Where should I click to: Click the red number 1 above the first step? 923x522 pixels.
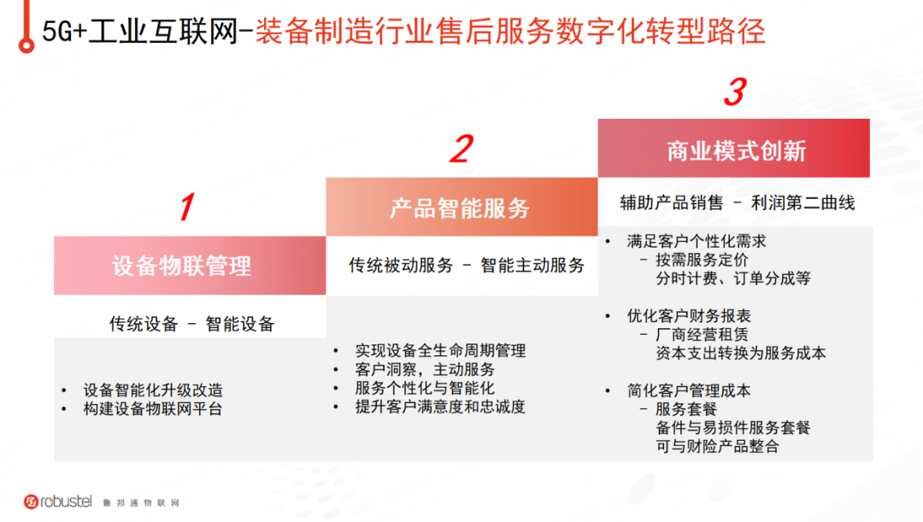(x=187, y=207)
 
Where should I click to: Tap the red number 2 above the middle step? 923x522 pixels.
(x=461, y=149)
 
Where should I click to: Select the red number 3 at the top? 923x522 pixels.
(x=735, y=91)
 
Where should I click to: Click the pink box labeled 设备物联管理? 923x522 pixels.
(x=190, y=266)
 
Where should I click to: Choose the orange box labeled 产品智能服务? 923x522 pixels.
(x=461, y=207)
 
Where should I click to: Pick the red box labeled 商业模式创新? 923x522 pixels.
(x=733, y=149)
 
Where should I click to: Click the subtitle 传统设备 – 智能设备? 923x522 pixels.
(x=192, y=324)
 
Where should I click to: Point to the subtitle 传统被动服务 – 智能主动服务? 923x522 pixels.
(x=467, y=266)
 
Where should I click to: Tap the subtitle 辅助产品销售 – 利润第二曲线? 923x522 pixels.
(x=738, y=203)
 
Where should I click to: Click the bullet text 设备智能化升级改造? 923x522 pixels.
(x=153, y=390)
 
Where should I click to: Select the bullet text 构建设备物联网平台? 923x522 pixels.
(x=153, y=409)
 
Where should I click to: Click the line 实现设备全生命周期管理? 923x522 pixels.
(x=440, y=351)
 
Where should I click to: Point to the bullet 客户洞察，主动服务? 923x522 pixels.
(x=425, y=370)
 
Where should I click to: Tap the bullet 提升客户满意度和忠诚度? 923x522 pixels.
(x=440, y=407)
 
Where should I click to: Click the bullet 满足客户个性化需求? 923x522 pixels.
(x=697, y=241)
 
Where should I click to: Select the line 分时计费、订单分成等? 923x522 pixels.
(x=733, y=279)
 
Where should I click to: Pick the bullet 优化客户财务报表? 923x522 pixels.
(x=689, y=316)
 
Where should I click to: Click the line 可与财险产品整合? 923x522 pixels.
(x=718, y=446)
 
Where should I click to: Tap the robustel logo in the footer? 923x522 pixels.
(x=58, y=501)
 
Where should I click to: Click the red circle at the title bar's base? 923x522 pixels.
(x=26, y=44)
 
